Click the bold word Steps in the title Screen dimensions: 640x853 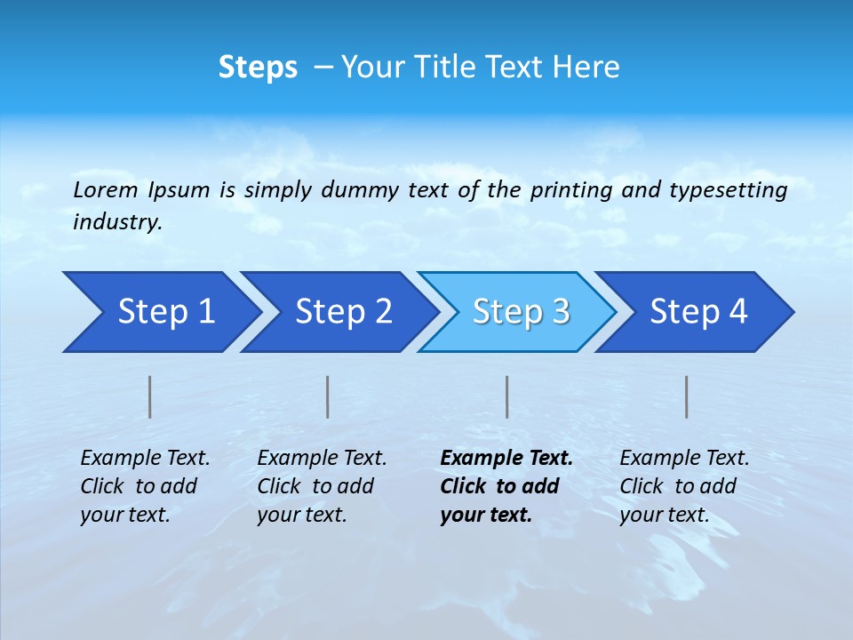point(258,68)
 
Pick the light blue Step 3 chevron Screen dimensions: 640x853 point(521,312)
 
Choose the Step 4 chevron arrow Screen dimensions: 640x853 point(698,312)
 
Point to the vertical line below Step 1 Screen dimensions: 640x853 point(150,396)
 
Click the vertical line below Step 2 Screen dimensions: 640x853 point(328,396)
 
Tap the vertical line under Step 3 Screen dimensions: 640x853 point(507,396)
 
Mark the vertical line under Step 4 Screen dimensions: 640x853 point(687,396)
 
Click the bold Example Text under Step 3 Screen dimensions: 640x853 point(506,486)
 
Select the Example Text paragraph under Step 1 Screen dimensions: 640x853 point(145,486)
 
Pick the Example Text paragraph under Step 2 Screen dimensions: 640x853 point(322,486)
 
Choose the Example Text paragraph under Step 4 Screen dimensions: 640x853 point(684,486)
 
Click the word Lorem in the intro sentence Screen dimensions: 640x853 point(106,190)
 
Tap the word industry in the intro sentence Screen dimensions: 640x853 point(116,222)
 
